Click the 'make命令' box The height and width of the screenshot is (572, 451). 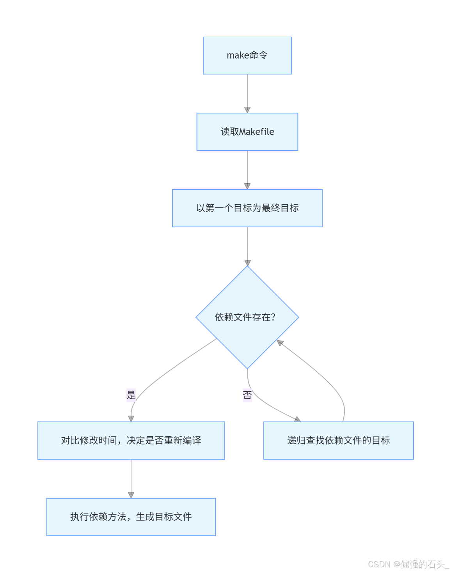[247, 55]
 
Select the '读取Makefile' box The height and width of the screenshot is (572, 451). [247, 132]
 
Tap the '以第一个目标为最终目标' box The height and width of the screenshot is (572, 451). [247, 208]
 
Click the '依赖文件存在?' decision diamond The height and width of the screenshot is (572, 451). [247, 317]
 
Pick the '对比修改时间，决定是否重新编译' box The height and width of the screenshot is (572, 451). [131, 441]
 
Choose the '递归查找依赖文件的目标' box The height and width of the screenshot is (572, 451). [338, 441]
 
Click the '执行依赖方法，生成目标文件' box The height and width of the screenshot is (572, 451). [131, 517]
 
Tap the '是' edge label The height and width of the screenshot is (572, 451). [131, 395]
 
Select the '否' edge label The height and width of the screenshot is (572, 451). [247, 395]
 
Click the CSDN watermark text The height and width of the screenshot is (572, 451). [408, 564]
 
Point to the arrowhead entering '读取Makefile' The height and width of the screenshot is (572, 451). [247, 110]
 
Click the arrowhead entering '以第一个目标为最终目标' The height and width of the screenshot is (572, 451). [247, 186]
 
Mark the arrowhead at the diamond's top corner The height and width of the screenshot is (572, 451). [247, 263]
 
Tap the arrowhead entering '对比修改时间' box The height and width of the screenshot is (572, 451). [131, 418]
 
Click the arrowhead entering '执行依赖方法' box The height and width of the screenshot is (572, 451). [131, 495]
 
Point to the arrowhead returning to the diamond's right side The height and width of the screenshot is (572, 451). [280, 343]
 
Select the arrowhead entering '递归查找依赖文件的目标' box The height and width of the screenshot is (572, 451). [297, 420]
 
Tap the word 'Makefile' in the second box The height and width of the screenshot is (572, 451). [256, 132]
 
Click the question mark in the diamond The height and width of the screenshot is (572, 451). [273, 317]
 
